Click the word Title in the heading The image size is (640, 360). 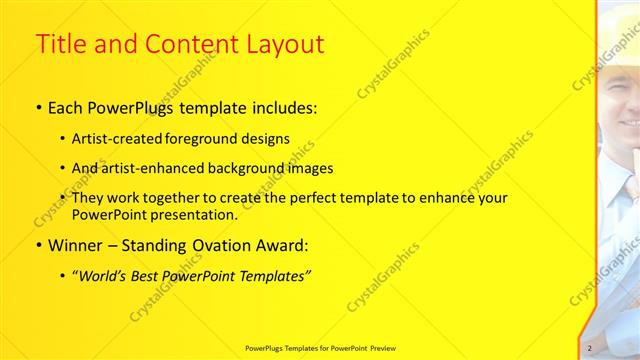[62, 45]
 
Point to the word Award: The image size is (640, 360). [282, 245]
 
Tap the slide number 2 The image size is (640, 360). [590, 348]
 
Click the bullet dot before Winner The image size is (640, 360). [39, 246]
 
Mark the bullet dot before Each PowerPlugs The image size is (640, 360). [39, 106]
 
